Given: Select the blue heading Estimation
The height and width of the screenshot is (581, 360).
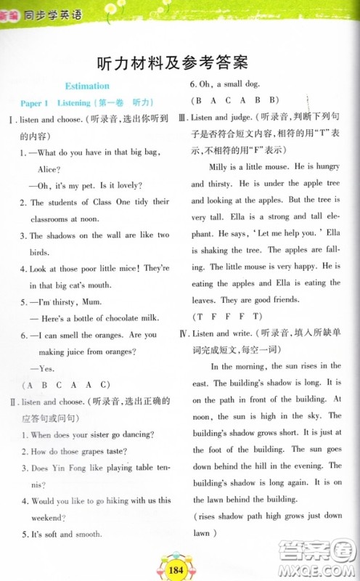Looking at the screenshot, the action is (87, 86).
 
